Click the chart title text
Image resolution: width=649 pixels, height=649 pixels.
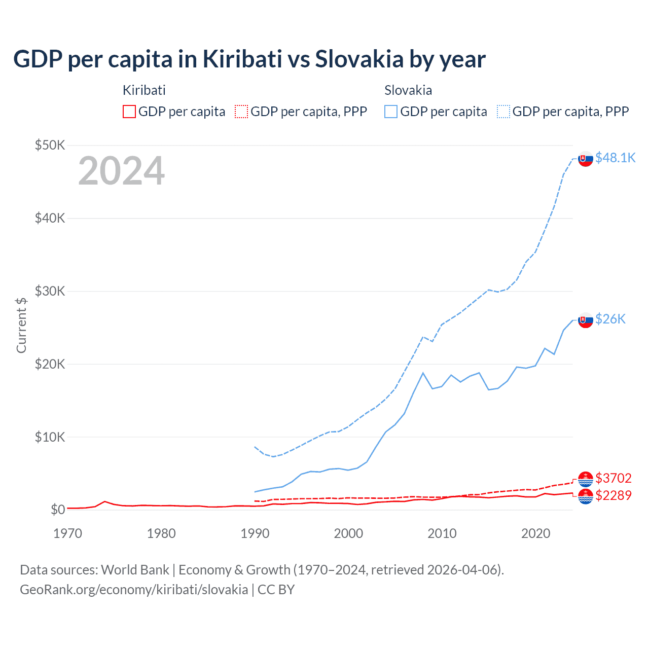click(x=249, y=59)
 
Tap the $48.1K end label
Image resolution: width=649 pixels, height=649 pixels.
click(x=615, y=158)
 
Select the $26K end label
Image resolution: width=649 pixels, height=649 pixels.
click(x=610, y=318)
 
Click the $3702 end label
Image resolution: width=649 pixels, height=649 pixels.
click(x=614, y=478)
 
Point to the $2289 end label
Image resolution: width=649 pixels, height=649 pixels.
click(x=614, y=495)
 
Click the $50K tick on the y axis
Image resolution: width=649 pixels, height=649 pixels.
click(x=50, y=145)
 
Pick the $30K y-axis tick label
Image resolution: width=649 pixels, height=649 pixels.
click(x=50, y=291)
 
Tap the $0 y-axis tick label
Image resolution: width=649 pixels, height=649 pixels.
click(x=58, y=510)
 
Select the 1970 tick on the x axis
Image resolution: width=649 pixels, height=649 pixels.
click(x=67, y=533)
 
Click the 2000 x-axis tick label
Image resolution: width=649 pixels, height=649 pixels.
click(x=348, y=533)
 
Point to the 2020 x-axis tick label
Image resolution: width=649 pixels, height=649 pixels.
click(x=535, y=533)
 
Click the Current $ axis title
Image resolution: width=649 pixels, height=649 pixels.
click(x=21, y=326)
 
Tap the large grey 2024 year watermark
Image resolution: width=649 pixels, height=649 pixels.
click(x=121, y=171)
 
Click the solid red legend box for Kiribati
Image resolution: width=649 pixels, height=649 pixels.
click(x=129, y=112)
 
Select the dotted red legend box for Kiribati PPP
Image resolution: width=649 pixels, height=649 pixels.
click(x=241, y=112)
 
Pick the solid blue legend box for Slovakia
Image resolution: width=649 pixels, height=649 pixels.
click(x=391, y=112)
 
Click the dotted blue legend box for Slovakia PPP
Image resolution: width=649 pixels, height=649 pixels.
click(x=503, y=112)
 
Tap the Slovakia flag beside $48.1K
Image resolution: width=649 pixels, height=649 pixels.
click(x=586, y=159)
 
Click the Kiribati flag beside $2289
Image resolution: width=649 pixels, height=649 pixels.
click(x=586, y=496)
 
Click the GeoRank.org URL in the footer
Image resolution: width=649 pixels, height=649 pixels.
click(x=134, y=590)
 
